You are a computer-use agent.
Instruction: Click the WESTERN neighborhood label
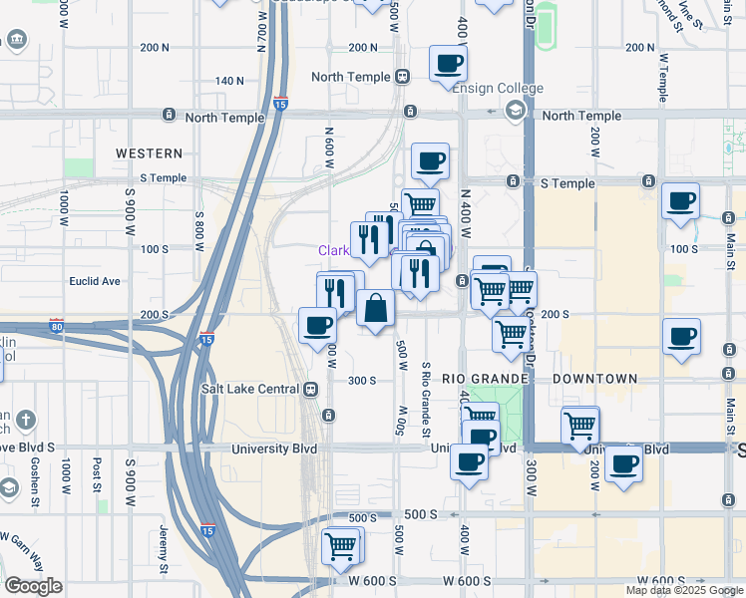[x=149, y=153]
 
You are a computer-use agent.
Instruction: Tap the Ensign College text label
[x=498, y=89]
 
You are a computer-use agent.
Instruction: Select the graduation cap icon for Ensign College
[x=514, y=109]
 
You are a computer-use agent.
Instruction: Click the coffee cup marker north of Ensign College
[x=448, y=64]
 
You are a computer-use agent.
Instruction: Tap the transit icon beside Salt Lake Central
[x=311, y=389]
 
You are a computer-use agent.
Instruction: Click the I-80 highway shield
[x=56, y=326]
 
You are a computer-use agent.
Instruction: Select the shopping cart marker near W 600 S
[x=341, y=545]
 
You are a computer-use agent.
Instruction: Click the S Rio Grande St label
[x=425, y=399]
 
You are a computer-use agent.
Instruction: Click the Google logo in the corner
[x=33, y=586]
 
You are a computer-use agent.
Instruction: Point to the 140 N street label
[x=229, y=81]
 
